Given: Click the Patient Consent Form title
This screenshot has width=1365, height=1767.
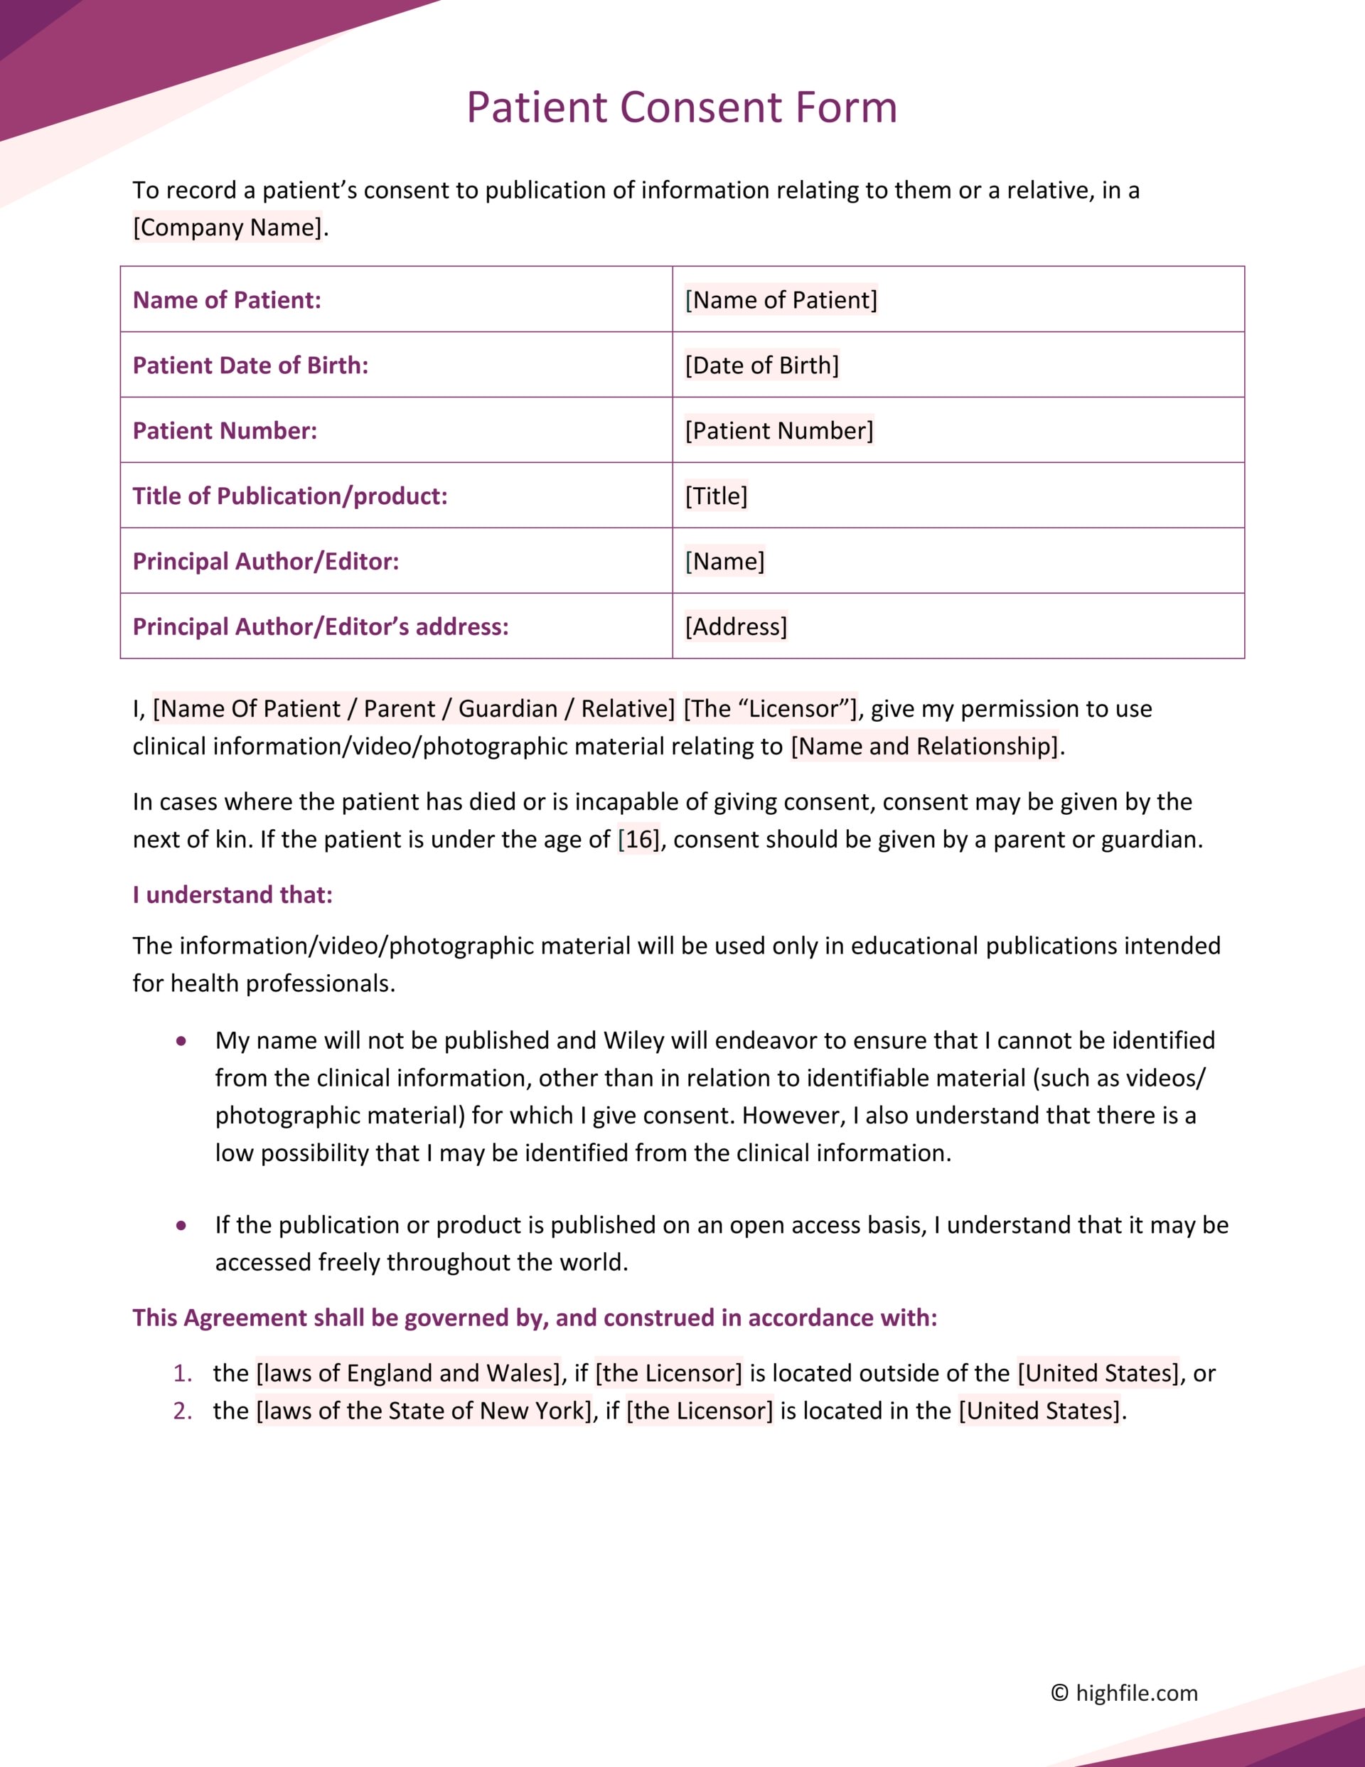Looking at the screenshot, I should pyautogui.click(x=681, y=107).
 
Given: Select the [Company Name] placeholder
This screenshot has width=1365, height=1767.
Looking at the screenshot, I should pyautogui.click(x=227, y=228).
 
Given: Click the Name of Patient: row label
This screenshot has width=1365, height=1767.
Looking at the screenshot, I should pyautogui.click(x=227, y=300).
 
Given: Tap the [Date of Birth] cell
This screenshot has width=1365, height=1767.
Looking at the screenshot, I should pyautogui.click(x=761, y=365).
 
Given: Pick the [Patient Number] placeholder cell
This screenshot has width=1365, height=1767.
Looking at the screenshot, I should pyautogui.click(x=778, y=431).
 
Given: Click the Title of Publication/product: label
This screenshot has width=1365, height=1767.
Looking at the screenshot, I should pyautogui.click(x=289, y=496).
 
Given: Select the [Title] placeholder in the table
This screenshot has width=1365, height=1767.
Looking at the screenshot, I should pyautogui.click(x=716, y=496).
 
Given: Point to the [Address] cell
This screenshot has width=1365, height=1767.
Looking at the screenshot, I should pyautogui.click(x=736, y=627).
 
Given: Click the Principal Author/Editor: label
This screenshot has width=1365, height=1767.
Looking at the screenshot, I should pyautogui.click(x=265, y=562).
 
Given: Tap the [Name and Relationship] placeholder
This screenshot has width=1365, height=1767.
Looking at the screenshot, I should pyautogui.click(x=924, y=746).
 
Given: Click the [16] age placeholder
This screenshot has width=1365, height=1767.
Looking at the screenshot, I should pyautogui.click(x=638, y=840).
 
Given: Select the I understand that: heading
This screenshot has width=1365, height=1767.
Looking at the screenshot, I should pyautogui.click(x=232, y=895).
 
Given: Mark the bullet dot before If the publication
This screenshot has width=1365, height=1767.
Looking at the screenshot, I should pyautogui.click(x=181, y=1226).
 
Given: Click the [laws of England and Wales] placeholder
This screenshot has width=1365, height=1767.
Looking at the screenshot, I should pyautogui.click(x=409, y=1374).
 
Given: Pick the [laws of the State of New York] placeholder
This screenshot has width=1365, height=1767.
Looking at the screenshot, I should pyautogui.click(x=424, y=1411).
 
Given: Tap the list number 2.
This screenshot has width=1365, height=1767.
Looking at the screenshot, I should pyautogui.click(x=182, y=1411).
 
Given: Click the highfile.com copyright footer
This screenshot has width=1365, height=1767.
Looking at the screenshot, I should pyautogui.click(x=1124, y=1693).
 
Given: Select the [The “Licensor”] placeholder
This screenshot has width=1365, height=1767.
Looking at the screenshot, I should pyautogui.click(x=769, y=709).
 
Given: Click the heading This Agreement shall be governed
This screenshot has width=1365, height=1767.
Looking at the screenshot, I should pyautogui.click(x=534, y=1318).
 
